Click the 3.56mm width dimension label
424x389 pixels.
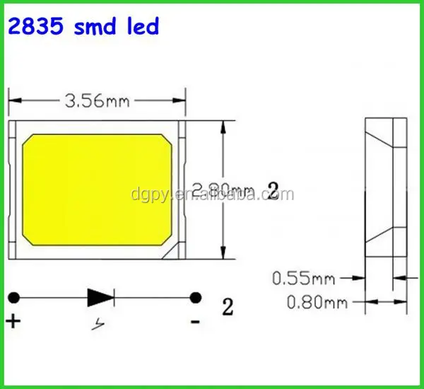[97, 101]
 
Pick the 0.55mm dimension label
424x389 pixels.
[303, 279]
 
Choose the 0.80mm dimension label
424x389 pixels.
[314, 303]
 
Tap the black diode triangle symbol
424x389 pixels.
[98, 297]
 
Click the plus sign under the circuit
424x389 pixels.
[13, 322]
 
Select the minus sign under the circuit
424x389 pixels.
[196, 322]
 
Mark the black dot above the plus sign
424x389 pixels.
[13, 297]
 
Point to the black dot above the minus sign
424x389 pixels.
[196, 297]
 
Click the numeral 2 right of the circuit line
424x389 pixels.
[228, 307]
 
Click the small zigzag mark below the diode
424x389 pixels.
[99, 325]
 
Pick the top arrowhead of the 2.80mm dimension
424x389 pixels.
[225, 127]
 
